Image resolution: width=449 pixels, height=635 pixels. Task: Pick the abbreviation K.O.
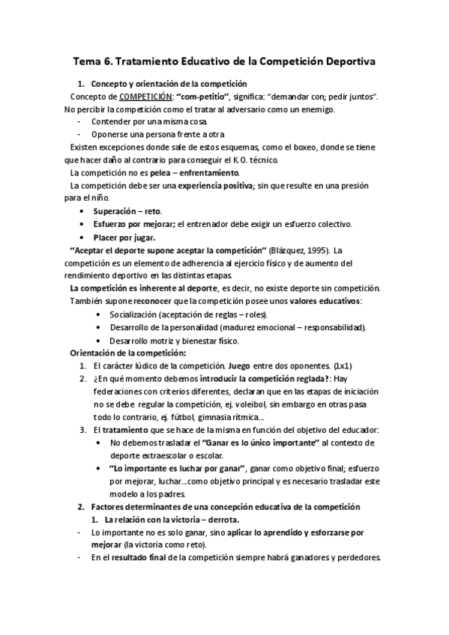(x=246, y=160)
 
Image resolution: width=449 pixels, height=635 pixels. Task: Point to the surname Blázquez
(x=278, y=250)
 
